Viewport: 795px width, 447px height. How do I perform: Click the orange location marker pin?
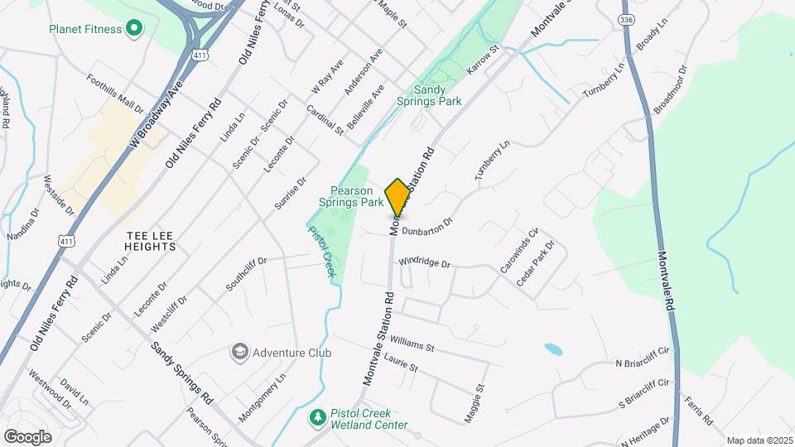[397, 197]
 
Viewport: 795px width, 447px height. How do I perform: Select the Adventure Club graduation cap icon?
[240, 353]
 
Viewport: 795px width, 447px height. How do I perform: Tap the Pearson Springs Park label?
[351, 195]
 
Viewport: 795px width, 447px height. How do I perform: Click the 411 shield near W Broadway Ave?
[198, 55]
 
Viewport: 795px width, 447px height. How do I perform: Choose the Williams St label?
[412, 342]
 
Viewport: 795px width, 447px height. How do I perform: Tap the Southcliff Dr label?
[245, 275]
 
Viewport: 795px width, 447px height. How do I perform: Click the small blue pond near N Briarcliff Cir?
[552, 349]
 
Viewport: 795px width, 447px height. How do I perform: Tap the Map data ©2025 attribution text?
[759, 440]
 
